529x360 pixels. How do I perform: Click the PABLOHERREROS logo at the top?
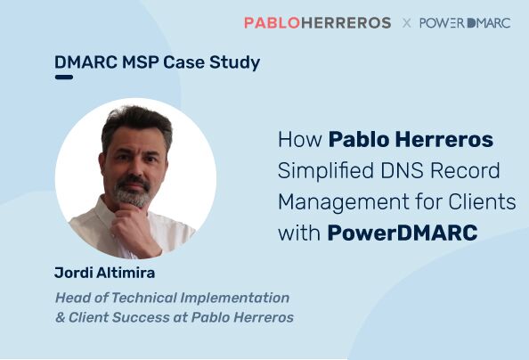coord(317,22)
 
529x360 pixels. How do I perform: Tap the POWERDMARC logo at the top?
coord(464,22)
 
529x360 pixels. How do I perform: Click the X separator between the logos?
coord(406,23)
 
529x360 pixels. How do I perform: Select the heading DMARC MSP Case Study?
coord(157,63)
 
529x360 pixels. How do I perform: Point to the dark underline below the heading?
coord(63,78)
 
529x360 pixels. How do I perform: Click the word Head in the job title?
coord(71,298)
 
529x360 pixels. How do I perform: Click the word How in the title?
coord(299,140)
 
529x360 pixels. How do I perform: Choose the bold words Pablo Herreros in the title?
coord(411,140)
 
